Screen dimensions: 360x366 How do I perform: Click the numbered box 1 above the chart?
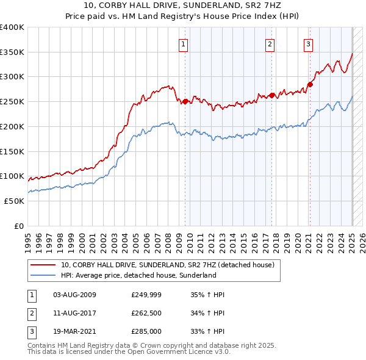point(183,44)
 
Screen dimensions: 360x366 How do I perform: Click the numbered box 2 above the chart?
point(270,44)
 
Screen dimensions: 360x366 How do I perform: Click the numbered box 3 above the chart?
point(309,44)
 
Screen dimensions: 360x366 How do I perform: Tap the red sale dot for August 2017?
point(272,95)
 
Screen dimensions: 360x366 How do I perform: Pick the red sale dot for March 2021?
point(310,84)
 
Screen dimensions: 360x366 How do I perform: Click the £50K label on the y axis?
point(15,201)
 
